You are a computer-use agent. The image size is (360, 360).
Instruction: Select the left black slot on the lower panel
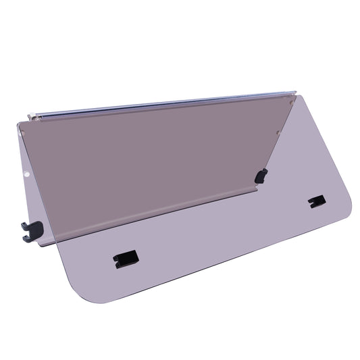coord(126,259)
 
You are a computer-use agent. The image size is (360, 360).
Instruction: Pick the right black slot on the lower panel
coord(315,201)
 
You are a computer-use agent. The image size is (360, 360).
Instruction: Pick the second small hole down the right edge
coord(278,132)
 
